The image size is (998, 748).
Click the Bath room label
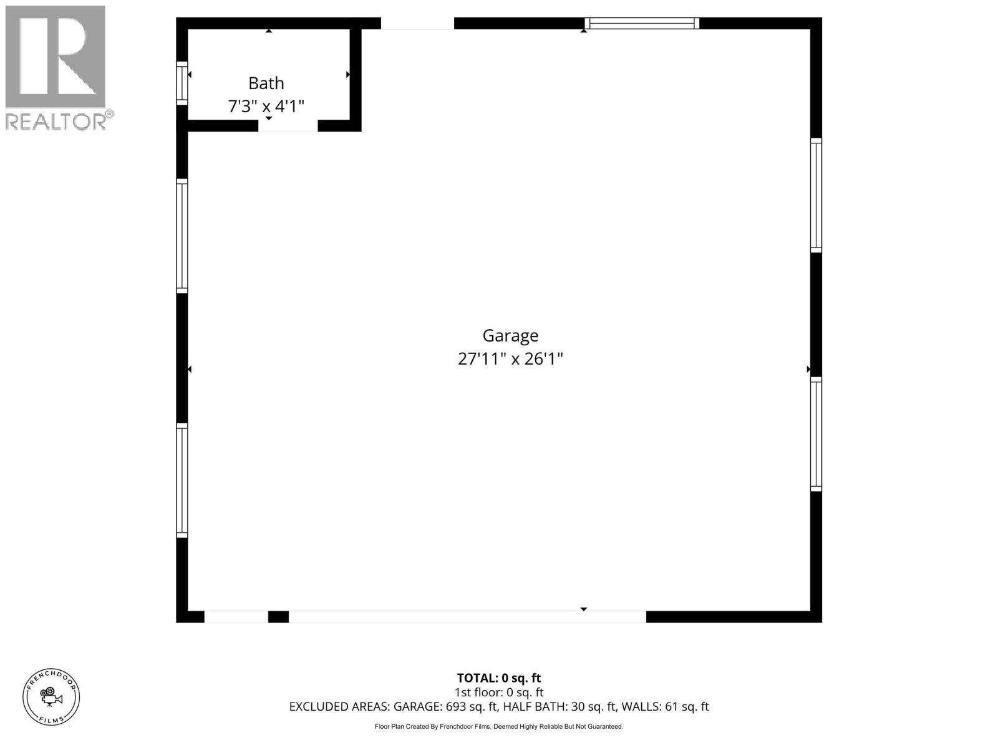pyautogui.click(x=266, y=84)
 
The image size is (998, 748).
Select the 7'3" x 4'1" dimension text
pyautogui.click(x=266, y=107)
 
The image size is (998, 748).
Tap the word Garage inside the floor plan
pyautogui.click(x=510, y=336)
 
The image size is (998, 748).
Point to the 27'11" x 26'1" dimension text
pyautogui.click(x=510, y=359)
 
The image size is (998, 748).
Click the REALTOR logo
pyautogui.click(x=57, y=67)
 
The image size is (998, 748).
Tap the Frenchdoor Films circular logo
pyautogui.click(x=51, y=696)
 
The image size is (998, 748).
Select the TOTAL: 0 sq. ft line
pyautogui.click(x=498, y=678)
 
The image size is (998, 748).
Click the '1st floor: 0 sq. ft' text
pyautogui.click(x=498, y=693)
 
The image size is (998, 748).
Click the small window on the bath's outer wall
pyautogui.click(x=182, y=83)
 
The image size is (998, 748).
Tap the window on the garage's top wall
pyautogui.click(x=642, y=24)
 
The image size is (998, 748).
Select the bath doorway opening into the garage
pyautogui.click(x=288, y=126)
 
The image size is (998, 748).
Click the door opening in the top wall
pyautogui.click(x=417, y=24)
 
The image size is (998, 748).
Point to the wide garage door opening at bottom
pyautogui.click(x=467, y=616)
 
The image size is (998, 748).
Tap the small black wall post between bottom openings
pyautogui.click(x=278, y=616)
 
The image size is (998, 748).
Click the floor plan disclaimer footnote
pyautogui.click(x=498, y=727)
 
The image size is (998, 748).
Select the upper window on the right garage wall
pyautogui.click(x=816, y=195)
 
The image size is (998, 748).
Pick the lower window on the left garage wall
pyautogui.click(x=182, y=480)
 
